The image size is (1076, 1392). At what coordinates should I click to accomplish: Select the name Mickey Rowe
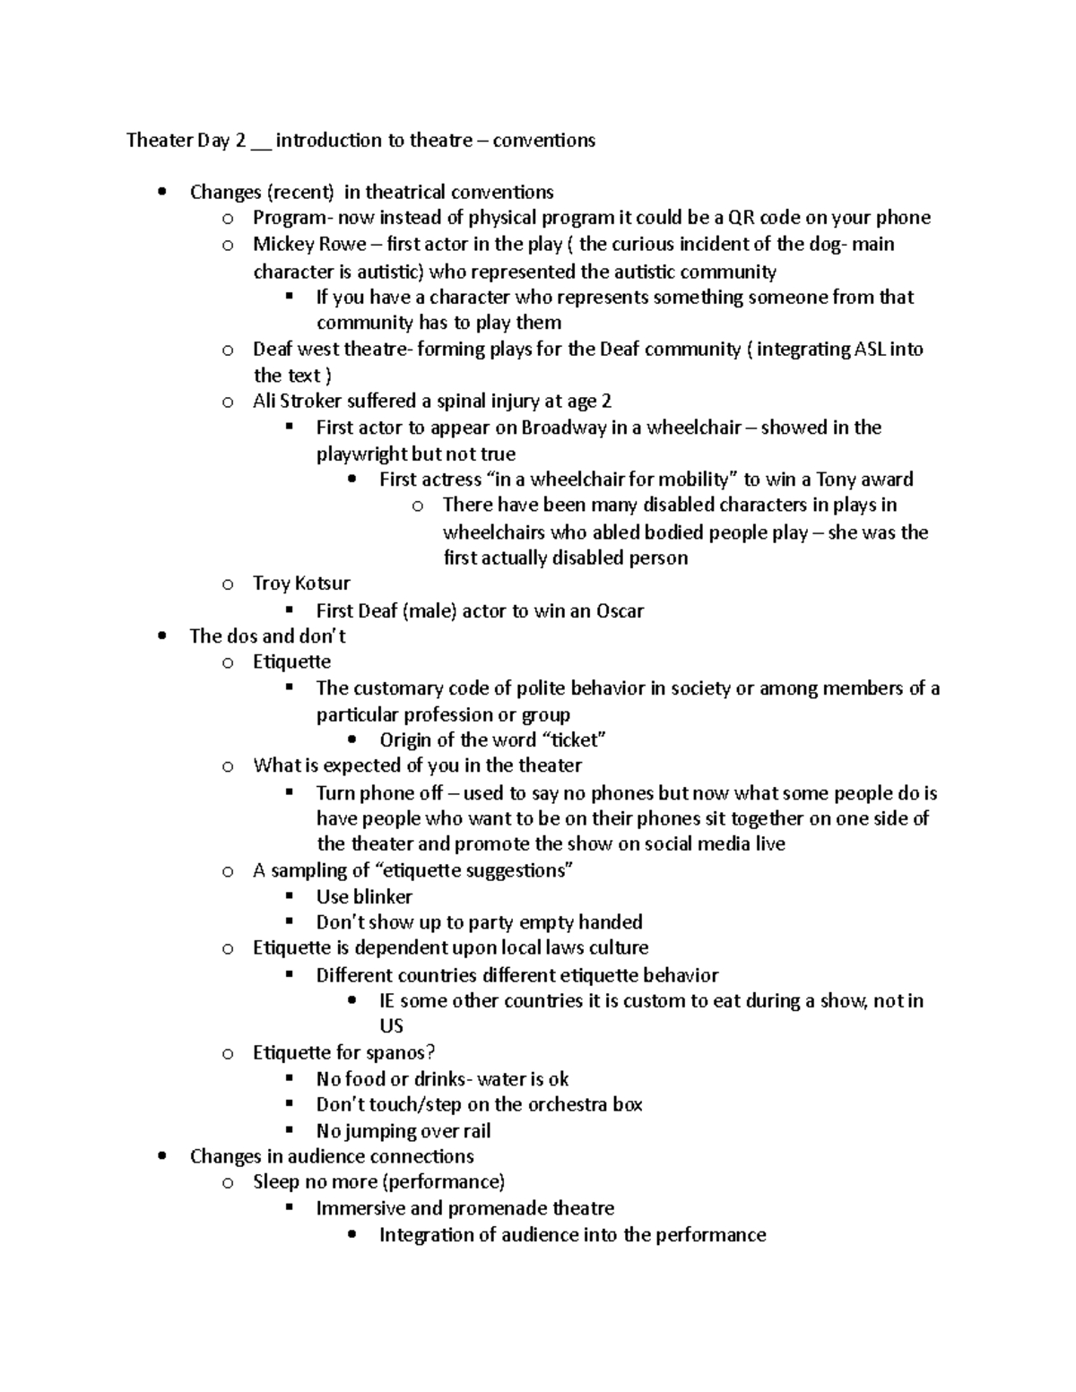309,244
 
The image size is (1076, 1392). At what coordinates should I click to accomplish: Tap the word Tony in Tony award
836,479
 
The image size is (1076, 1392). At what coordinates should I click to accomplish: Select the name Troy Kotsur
301,584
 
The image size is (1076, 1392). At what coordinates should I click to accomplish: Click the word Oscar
620,611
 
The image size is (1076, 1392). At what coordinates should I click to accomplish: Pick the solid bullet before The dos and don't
161,636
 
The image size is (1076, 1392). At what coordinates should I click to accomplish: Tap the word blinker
382,896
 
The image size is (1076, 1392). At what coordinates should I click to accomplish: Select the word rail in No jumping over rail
476,1131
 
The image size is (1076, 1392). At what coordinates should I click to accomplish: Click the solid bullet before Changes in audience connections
161,1156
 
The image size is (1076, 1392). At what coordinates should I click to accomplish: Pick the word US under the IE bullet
391,1026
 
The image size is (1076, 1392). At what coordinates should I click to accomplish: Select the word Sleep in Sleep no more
275,1182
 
